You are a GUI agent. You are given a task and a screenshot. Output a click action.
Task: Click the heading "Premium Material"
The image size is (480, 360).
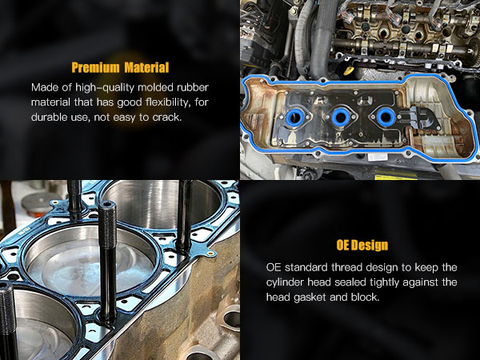pyautogui.click(x=119, y=67)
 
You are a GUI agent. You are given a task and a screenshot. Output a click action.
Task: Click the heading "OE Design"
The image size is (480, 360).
pyautogui.click(x=362, y=246)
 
